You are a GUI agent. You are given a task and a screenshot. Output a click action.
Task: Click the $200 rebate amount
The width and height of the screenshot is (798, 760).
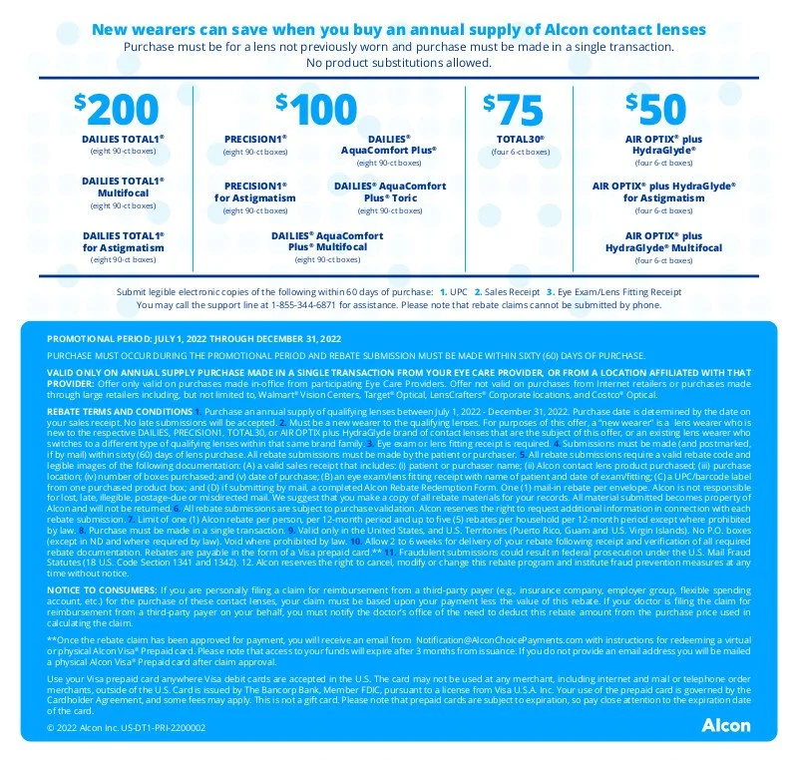point(117,108)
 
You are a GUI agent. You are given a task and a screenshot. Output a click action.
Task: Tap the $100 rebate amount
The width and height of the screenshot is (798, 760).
point(316,108)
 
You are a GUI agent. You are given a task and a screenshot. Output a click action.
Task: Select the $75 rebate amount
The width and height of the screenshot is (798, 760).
point(513,108)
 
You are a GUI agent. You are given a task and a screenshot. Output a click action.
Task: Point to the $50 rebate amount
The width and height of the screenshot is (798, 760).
point(656,108)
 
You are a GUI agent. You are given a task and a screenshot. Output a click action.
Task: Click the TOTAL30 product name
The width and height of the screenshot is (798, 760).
point(520,139)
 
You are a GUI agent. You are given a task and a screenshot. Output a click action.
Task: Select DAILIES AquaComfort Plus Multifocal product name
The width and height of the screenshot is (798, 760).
point(326,240)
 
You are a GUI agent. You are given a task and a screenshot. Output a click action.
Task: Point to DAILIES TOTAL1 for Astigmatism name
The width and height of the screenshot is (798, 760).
point(123,240)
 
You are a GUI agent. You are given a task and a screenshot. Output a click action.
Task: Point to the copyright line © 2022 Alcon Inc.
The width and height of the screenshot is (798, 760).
point(126,728)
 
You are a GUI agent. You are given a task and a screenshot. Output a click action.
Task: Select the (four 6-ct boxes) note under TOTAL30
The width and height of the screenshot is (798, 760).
point(520,152)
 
